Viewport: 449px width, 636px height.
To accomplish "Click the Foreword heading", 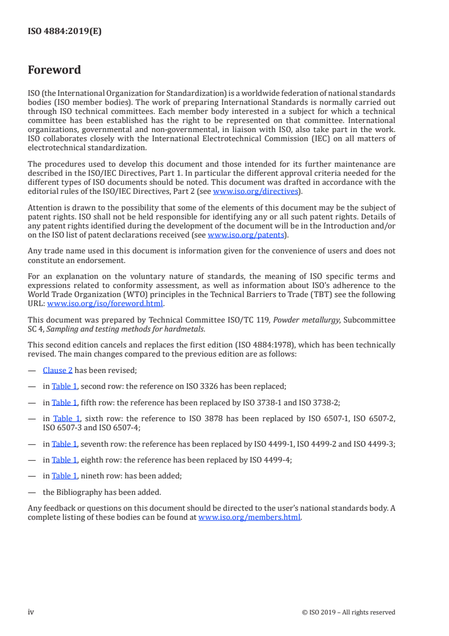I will [x=54, y=70].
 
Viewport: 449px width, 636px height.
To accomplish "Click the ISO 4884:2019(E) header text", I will [x=65, y=32].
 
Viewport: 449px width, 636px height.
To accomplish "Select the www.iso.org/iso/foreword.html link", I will [x=105, y=303].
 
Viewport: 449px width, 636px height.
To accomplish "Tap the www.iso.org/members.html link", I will [x=249, y=517].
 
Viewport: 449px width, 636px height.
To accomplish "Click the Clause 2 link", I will [x=58, y=371].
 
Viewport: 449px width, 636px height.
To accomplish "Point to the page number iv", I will [x=31, y=612].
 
